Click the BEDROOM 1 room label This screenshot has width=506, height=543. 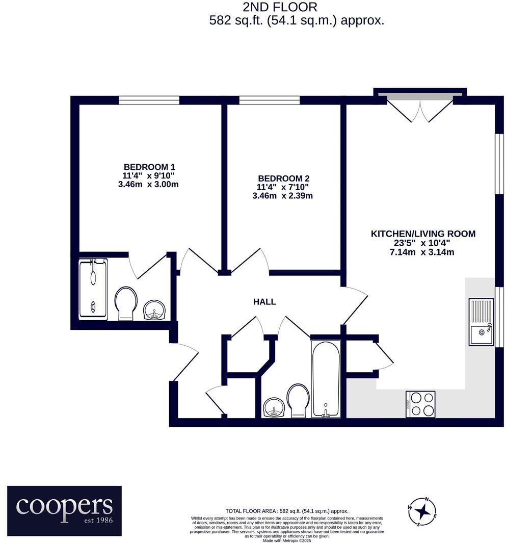(149, 167)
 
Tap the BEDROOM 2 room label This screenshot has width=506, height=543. (283, 178)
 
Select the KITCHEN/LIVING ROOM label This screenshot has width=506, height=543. (422, 234)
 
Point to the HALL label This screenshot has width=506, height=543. (264, 302)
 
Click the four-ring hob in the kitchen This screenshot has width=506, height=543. (420, 404)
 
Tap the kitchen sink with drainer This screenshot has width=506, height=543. (482, 322)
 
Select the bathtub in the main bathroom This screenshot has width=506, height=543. (326, 379)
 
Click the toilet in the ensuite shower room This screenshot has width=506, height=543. (126, 303)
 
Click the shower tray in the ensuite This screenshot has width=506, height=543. (93, 289)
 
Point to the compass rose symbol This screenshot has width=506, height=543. (422, 510)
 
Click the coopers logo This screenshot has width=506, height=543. (64, 510)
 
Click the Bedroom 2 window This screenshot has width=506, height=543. (269, 101)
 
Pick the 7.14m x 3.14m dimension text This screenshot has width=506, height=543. (422, 252)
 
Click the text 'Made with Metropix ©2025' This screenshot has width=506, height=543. (286, 540)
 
